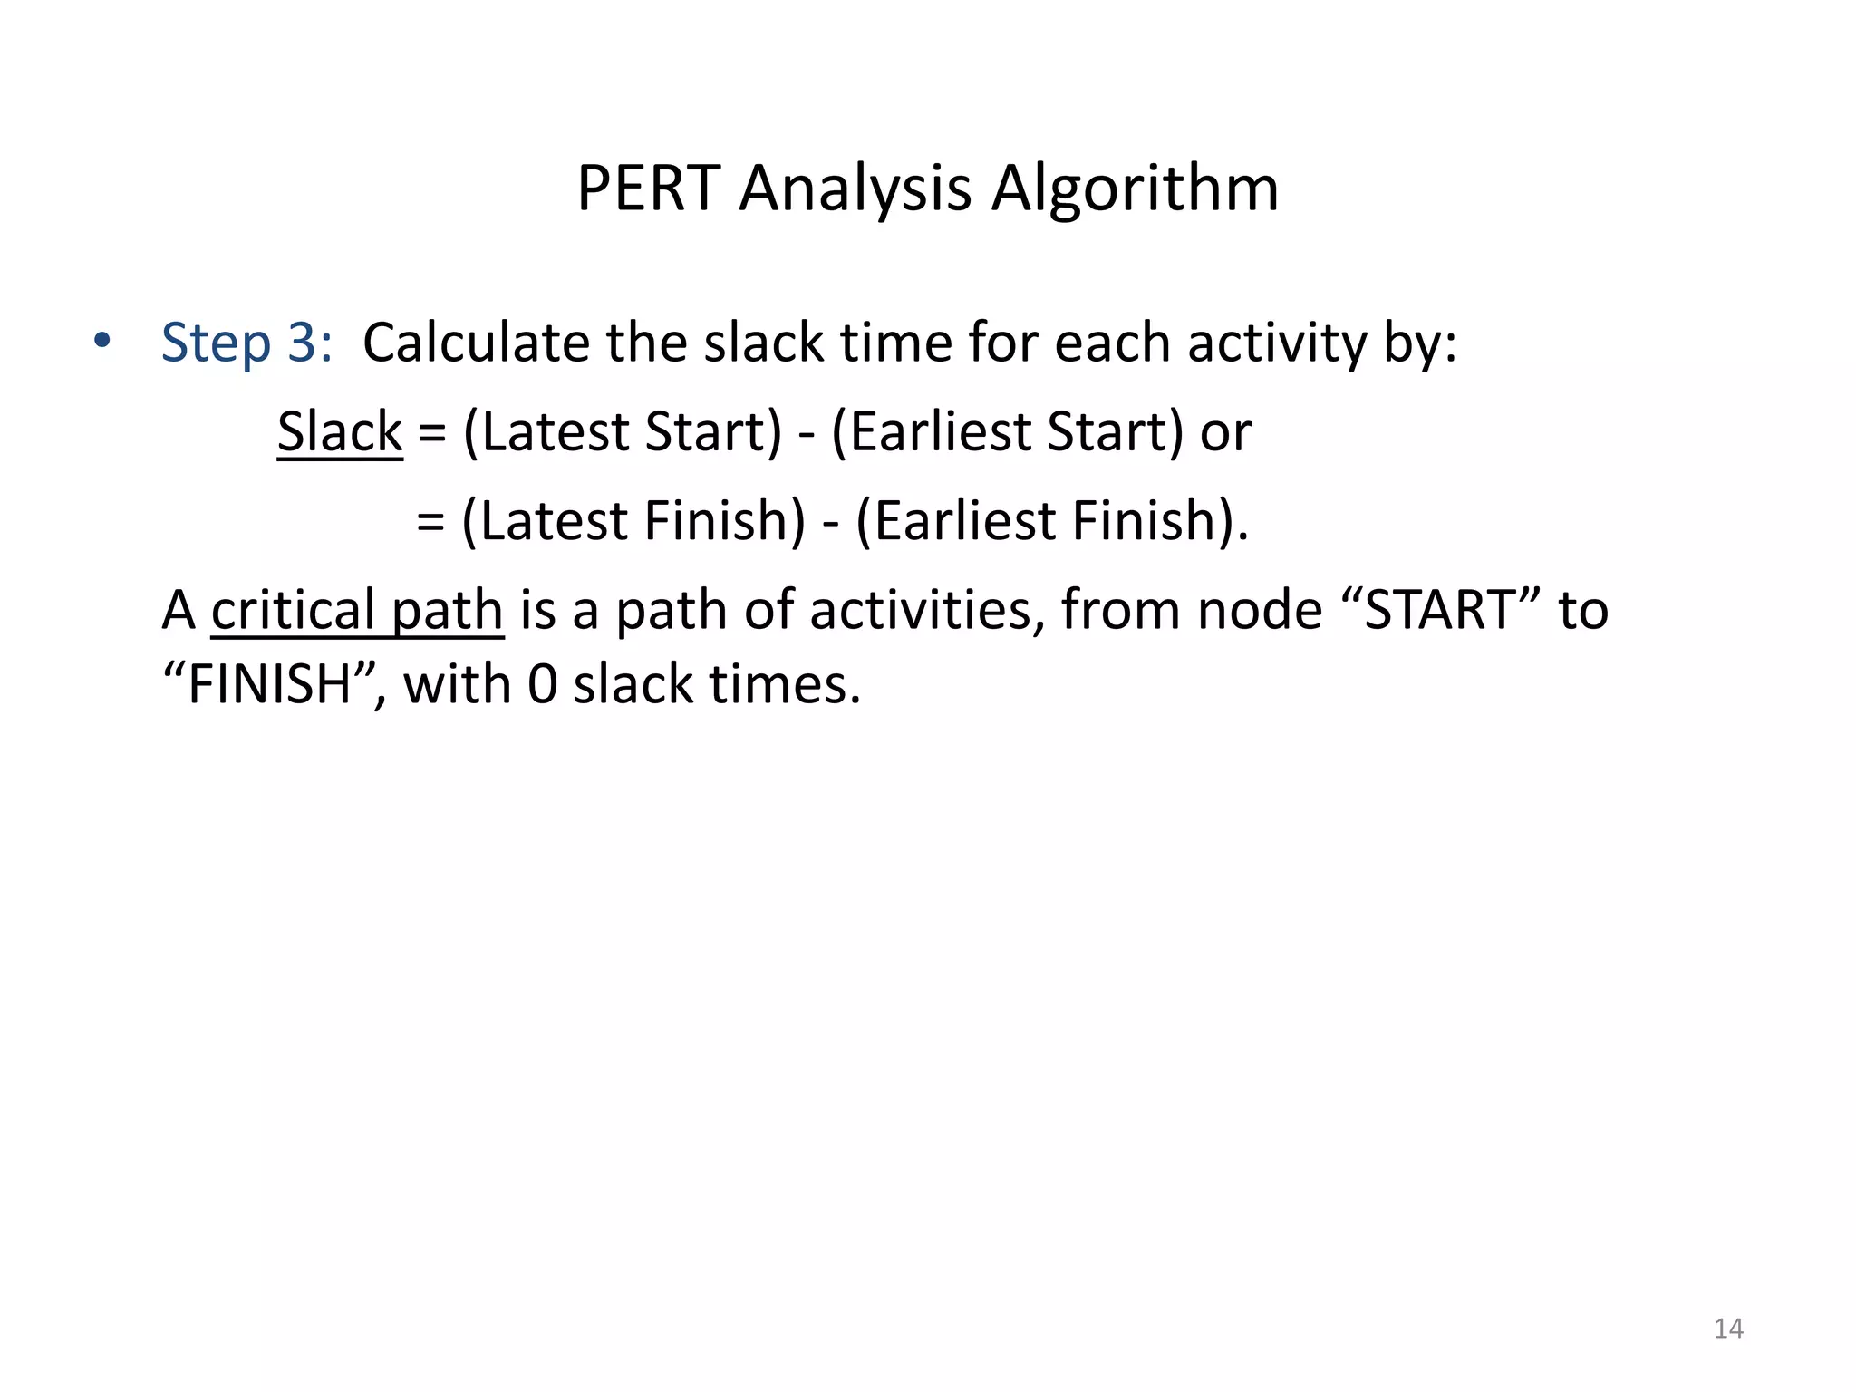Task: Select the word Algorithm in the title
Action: (1135, 188)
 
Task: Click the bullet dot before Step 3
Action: (101, 342)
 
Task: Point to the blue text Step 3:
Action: (246, 343)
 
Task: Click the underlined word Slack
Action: (340, 431)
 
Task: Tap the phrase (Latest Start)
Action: (622, 431)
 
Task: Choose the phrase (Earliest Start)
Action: (1007, 431)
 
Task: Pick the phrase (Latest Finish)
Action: (633, 520)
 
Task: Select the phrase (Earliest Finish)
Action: (1051, 520)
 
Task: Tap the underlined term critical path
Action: (357, 610)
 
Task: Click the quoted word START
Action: (1440, 610)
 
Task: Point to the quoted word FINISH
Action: (269, 683)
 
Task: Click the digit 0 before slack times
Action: (542, 683)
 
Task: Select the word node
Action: (1260, 610)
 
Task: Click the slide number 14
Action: (1728, 1329)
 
